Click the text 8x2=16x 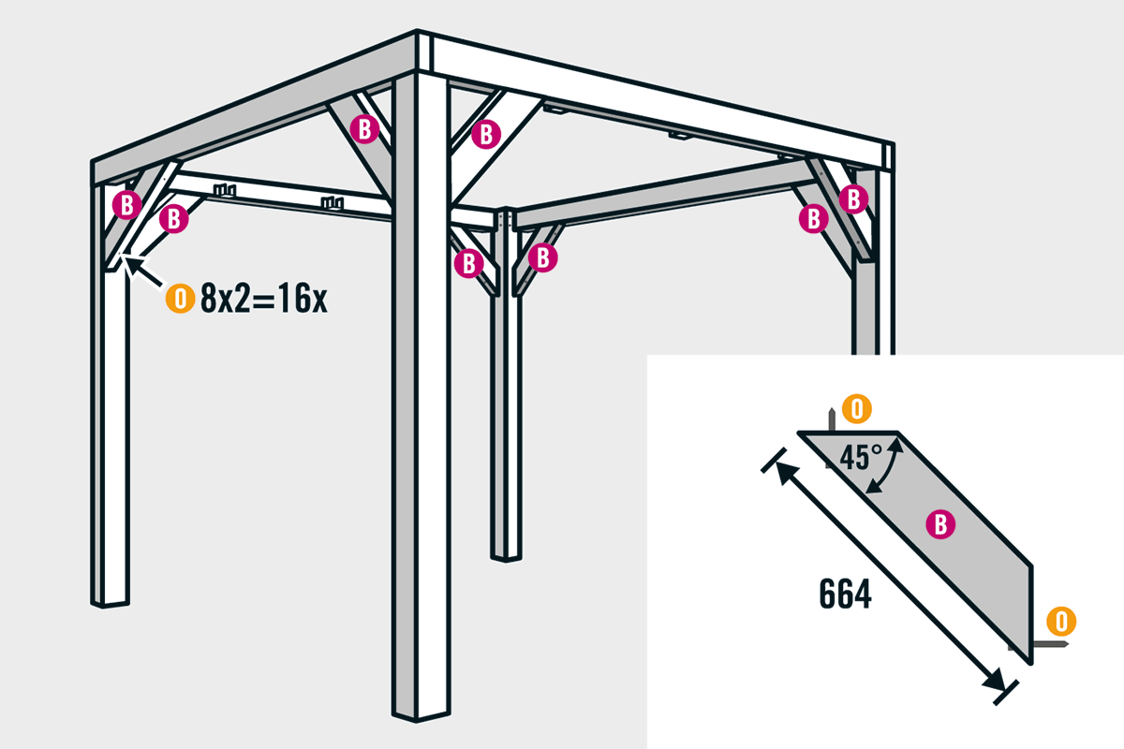[264, 299]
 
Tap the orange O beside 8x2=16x [180, 299]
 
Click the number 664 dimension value [846, 594]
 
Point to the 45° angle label [861, 457]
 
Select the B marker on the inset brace [940, 524]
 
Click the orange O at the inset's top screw [856, 409]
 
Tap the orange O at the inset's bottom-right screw [1061, 622]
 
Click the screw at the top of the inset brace [832, 419]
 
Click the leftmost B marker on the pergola [127, 205]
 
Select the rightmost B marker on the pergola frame [853, 199]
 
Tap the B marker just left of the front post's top [364, 129]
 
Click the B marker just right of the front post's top [486, 135]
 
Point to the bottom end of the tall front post [421, 715]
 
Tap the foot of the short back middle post [507, 557]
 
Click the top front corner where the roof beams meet [417, 31]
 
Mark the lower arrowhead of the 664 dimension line [995, 682]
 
